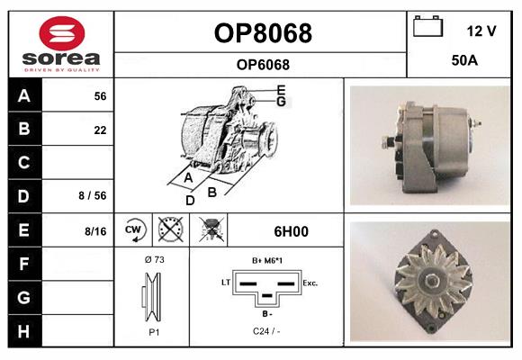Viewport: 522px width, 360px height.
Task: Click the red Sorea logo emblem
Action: click(x=62, y=33)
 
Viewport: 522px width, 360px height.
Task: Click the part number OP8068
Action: click(x=263, y=33)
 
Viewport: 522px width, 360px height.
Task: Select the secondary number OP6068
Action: click(x=263, y=65)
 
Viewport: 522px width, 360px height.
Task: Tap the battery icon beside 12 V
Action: click(x=427, y=26)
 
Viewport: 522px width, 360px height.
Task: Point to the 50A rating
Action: click(x=464, y=60)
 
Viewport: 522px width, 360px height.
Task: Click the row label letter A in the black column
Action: click(x=24, y=96)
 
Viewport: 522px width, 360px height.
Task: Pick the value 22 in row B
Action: click(x=100, y=130)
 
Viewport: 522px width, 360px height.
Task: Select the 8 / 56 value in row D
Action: click(x=93, y=195)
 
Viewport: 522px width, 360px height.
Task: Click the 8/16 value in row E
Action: click(x=95, y=231)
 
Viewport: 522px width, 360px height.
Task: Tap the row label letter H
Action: click(x=23, y=331)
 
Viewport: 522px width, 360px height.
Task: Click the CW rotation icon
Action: click(x=133, y=230)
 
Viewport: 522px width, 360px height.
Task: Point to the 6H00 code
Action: click(x=291, y=231)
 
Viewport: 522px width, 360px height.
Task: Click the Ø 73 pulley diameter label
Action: click(x=155, y=259)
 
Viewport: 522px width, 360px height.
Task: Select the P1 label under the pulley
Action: click(x=154, y=332)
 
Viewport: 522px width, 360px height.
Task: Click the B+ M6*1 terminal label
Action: click(x=267, y=261)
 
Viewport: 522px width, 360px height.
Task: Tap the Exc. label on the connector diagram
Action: click(x=310, y=283)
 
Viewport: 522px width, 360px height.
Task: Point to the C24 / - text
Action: click(x=266, y=331)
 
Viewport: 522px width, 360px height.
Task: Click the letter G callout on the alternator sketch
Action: click(x=281, y=102)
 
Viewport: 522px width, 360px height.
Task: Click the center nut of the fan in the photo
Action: click(x=431, y=281)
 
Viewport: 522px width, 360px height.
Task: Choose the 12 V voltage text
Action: click(x=481, y=31)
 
